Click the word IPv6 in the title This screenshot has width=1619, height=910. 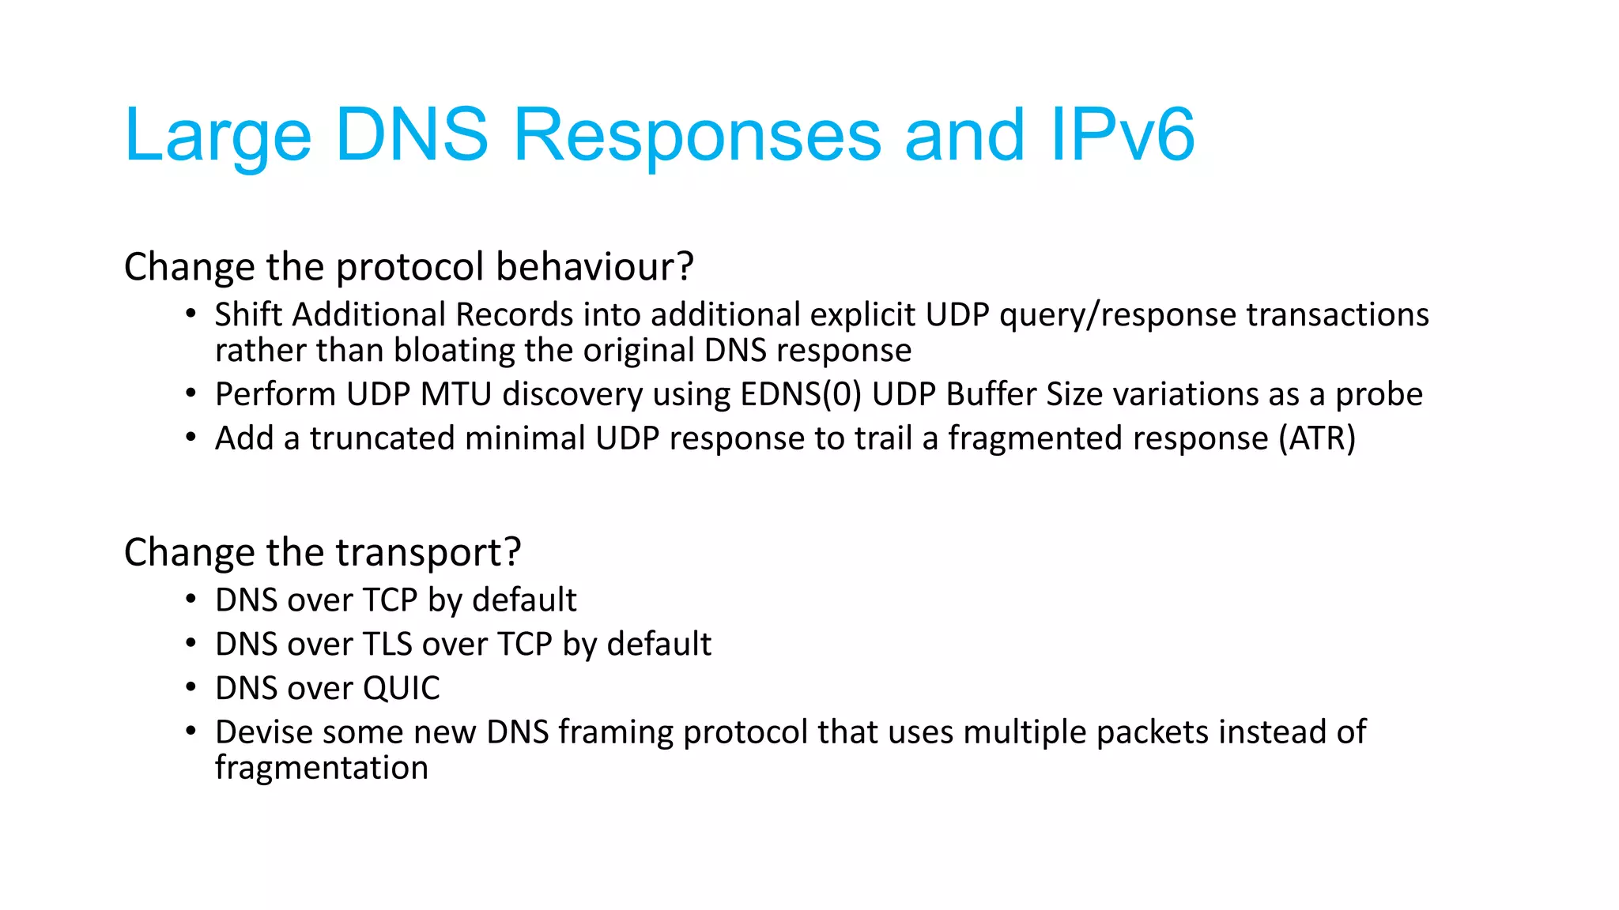coord(1122,135)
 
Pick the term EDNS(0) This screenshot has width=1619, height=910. coord(801,394)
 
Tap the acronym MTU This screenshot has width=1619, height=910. coord(456,394)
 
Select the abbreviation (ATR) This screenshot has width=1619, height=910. coord(1317,438)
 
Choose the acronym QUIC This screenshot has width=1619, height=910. coord(401,688)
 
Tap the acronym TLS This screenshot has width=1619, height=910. coord(387,645)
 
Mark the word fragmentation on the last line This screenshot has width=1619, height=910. coord(321,768)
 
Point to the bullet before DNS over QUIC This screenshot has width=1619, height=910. coord(191,687)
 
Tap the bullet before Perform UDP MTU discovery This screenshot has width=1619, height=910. coord(191,393)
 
